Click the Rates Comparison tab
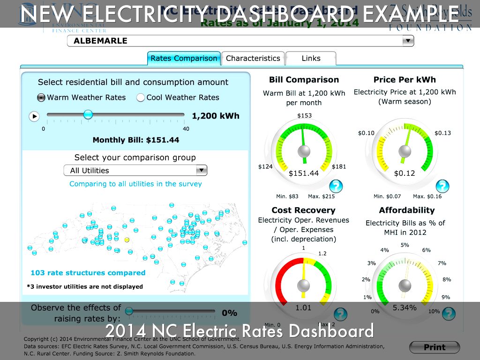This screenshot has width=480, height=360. (x=184, y=59)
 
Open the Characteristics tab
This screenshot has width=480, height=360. (x=253, y=59)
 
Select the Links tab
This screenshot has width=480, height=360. (x=311, y=59)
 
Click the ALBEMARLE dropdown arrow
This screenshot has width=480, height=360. (x=408, y=41)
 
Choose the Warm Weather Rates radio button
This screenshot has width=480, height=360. (x=41, y=97)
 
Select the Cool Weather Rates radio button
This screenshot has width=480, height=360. (x=140, y=97)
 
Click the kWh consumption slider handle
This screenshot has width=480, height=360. (x=88, y=114)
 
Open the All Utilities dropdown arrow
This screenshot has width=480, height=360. (x=201, y=170)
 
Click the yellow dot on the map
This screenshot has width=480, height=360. (x=127, y=240)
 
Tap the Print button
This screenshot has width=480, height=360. (x=435, y=347)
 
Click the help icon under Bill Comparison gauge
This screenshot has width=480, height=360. (x=336, y=187)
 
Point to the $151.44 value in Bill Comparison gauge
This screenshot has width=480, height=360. (x=304, y=173)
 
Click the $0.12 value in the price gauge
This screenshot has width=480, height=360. (x=404, y=173)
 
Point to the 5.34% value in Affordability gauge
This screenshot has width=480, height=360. (x=404, y=307)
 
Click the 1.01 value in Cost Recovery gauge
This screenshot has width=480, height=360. (x=303, y=307)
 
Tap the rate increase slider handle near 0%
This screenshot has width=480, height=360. (x=129, y=311)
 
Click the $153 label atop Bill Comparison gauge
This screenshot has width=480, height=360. (x=304, y=116)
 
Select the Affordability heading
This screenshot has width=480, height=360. (x=406, y=210)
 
